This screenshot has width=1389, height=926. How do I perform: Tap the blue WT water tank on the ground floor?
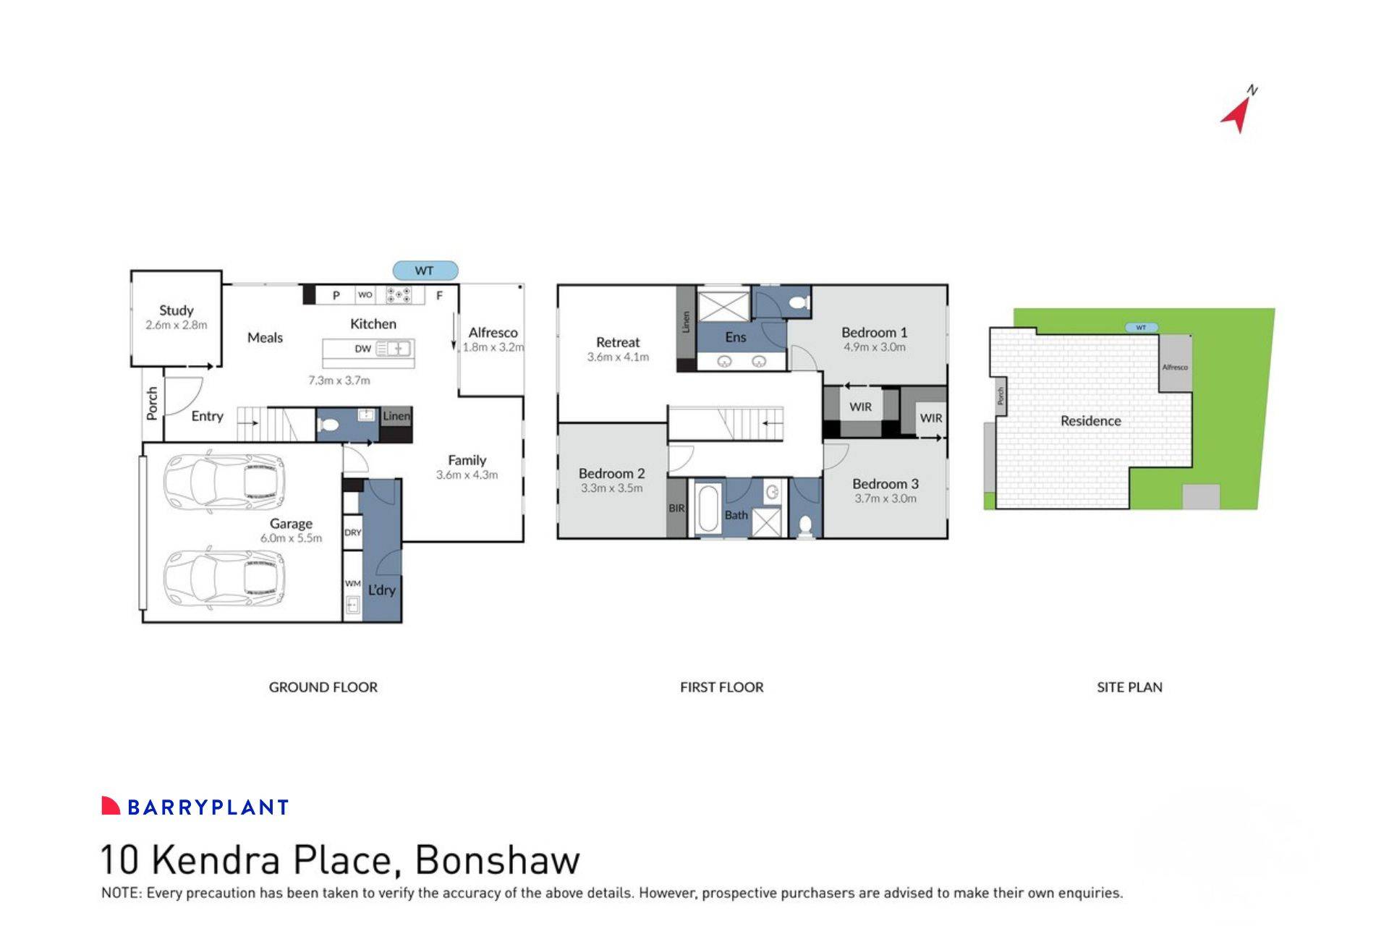tap(425, 271)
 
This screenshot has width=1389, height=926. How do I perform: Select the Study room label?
tap(177, 310)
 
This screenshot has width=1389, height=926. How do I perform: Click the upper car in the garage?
tap(224, 479)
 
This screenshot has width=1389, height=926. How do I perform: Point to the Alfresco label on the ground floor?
tap(493, 332)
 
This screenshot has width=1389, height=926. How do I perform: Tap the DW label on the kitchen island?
tap(362, 349)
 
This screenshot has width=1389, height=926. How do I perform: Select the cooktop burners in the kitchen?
tap(398, 295)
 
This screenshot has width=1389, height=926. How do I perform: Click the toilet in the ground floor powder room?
tap(328, 424)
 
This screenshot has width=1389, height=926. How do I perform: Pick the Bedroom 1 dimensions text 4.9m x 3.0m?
tap(874, 347)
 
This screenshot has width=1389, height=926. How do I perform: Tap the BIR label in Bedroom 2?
tap(676, 509)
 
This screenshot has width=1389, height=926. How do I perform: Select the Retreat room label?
tap(618, 342)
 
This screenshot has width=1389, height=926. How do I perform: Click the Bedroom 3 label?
tap(885, 483)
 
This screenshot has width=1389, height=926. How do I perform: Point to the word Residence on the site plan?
tap(1090, 421)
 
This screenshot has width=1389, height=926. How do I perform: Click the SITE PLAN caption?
tap(1129, 687)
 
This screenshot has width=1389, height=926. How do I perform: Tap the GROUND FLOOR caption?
tap(323, 687)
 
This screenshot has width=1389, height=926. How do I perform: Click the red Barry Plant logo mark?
tap(110, 806)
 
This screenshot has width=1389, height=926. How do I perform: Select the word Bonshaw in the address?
tap(498, 859)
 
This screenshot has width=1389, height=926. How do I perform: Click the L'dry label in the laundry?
tap(382, 590)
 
